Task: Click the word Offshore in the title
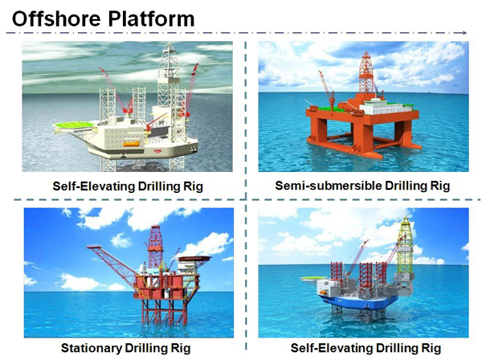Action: click(56, 18)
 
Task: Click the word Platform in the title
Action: click(151, 18)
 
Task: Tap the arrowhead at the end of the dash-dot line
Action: click(464, 33)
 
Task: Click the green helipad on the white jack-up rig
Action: click(74, 125)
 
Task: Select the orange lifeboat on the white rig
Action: click(132, 143)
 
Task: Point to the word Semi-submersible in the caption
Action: click(329, 186)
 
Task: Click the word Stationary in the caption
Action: click(92, 348)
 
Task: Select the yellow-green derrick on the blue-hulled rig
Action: click(406, 246)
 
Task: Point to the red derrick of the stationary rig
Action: click(155, 246)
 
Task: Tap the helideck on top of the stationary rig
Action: click(195, 258)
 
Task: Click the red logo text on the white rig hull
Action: click(158, 151)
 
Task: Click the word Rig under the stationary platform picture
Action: click(181, 348)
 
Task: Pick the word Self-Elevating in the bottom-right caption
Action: click(331, 348)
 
